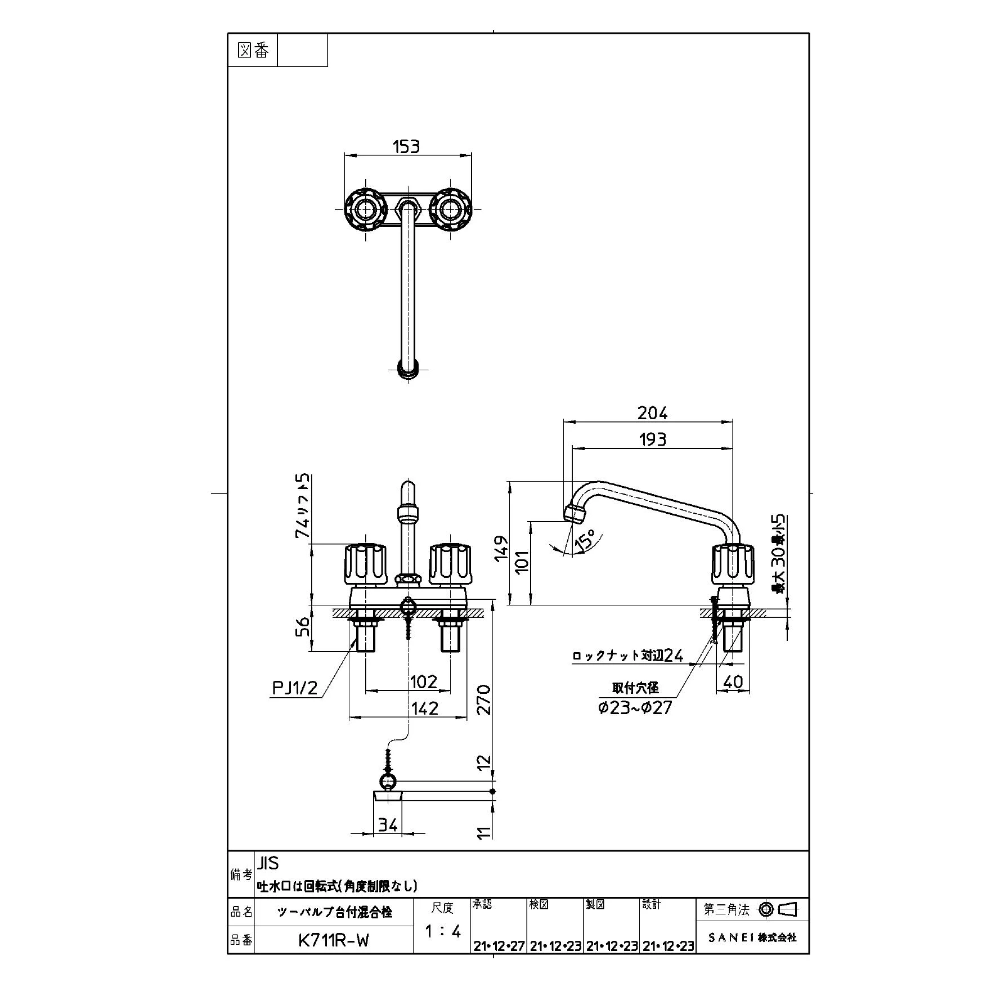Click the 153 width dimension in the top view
tap(406, 146)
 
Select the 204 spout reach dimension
tap(652, 414)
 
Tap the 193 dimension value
tap(652, 439)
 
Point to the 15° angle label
tap(584, 539)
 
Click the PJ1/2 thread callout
tap(295, 688)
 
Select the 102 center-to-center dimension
tap(423, 682)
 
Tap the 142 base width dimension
tap(424, 708)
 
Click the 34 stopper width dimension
tap(388, 825)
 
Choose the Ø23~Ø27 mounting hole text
tap(635, 707)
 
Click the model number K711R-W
tap(334, 940)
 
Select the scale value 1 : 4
tap(442, 932)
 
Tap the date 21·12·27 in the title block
tap(499, 946)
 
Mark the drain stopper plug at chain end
tap(388, 796)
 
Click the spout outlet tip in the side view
tap(573, 514)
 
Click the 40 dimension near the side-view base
tap(733, 682)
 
